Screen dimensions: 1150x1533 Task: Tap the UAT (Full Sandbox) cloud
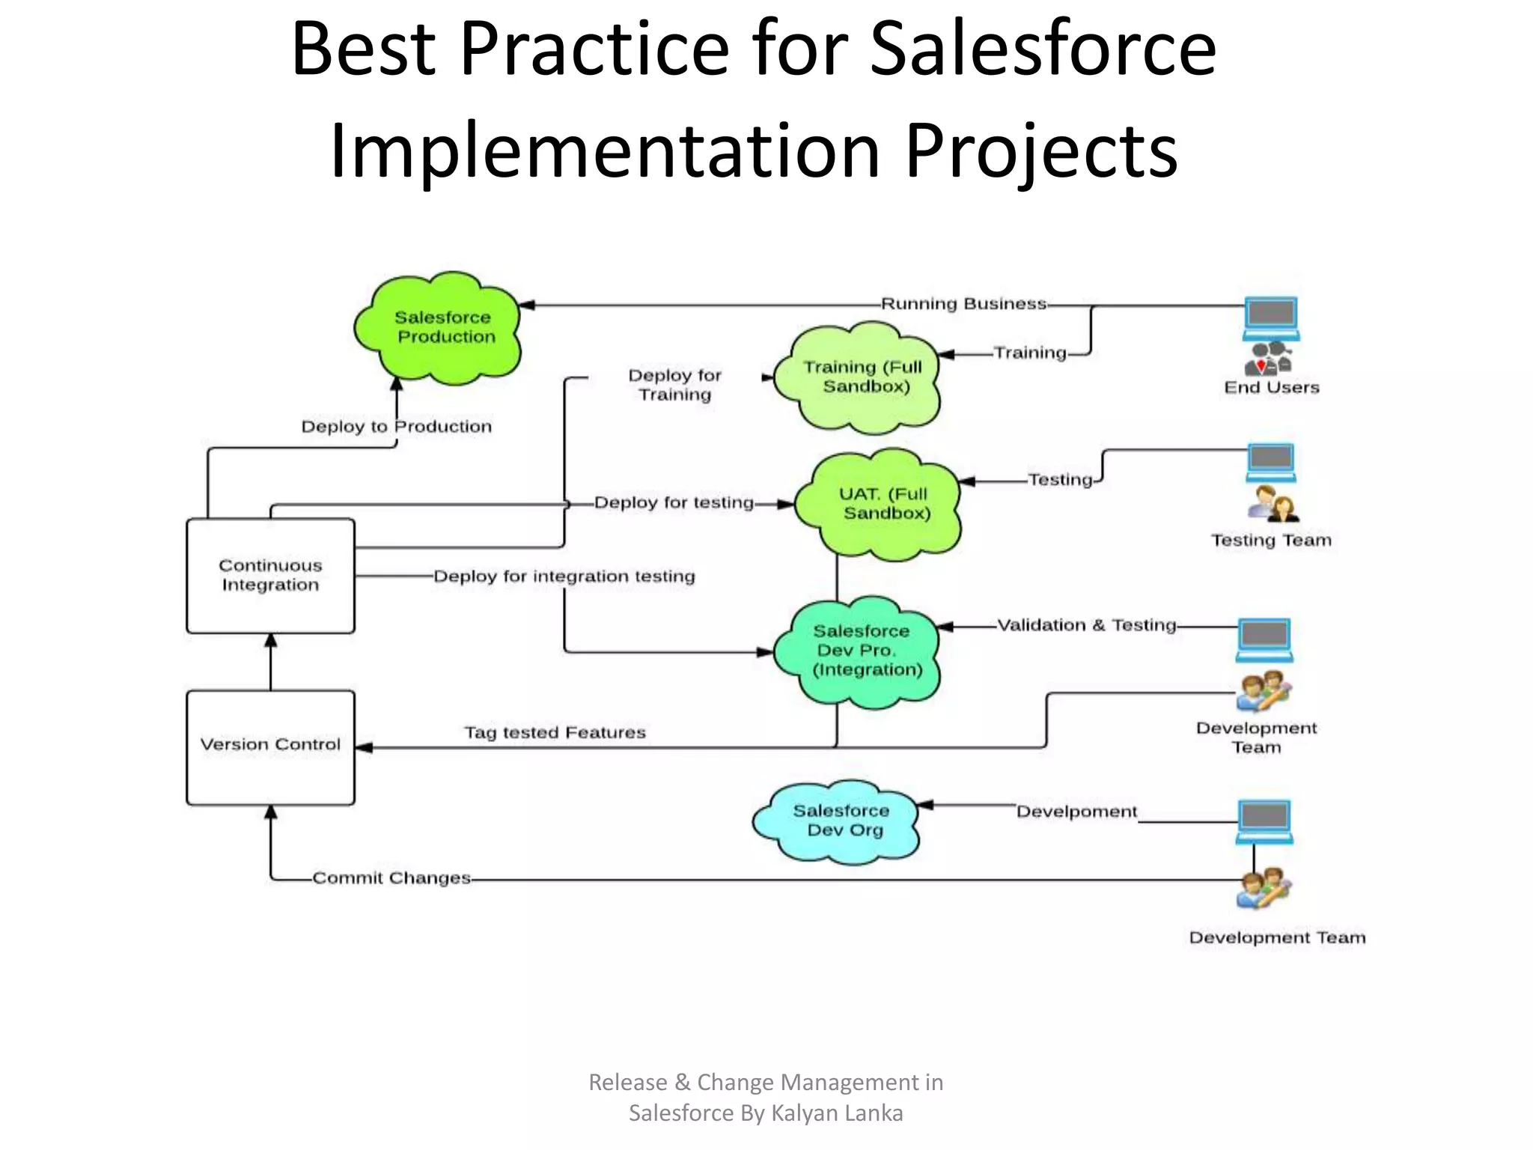coord(880,504)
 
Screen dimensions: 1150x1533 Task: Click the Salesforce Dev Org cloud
coord(838,821)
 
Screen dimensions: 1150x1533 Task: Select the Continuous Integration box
coord(270,575)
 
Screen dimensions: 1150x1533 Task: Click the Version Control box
coord(270,746)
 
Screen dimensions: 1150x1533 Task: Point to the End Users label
coord(1271,388)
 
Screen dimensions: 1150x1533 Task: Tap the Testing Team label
coord(1271,541)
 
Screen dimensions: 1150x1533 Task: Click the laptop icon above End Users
coord(1271,318)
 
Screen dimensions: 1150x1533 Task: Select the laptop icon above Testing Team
coord(1271,463)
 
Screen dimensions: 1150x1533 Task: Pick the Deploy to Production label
coord(396,427)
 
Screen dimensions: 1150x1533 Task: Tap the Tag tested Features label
coord(555,732)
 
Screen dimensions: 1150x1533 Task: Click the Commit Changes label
coord(391,877)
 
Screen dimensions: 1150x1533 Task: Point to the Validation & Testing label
coord(1086,625)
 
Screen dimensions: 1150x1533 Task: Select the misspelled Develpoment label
coord(1076,812)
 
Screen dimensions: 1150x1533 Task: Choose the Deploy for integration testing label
coord(564,576)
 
